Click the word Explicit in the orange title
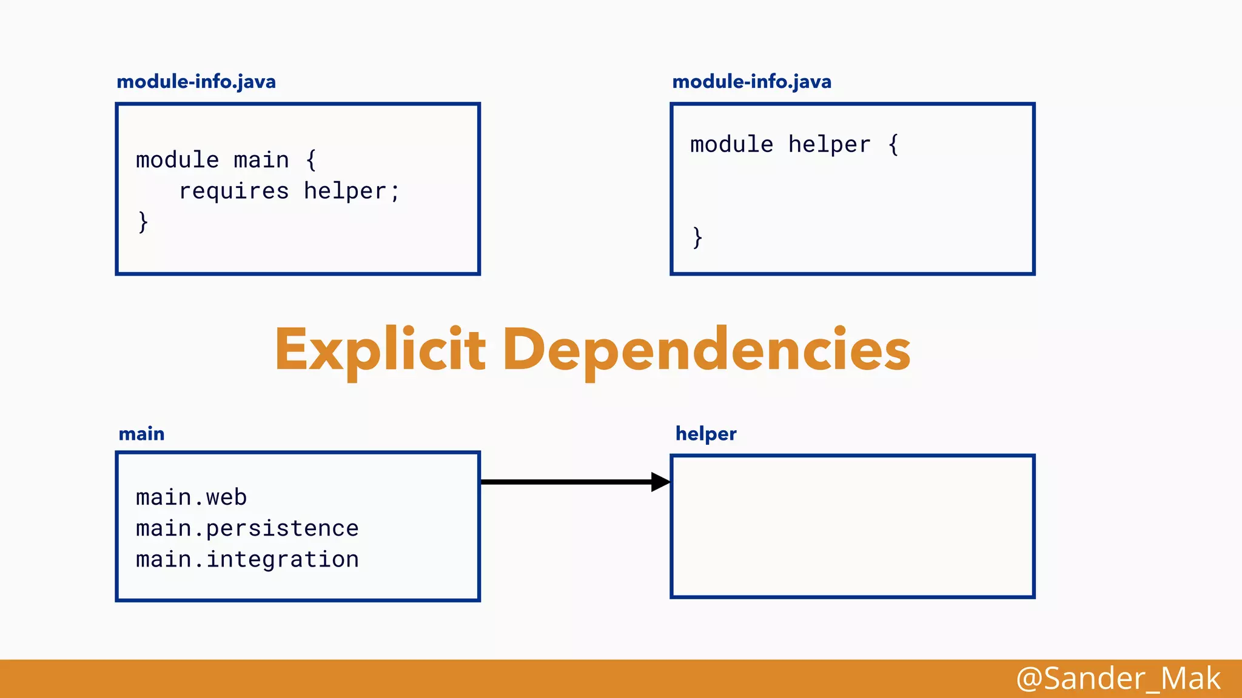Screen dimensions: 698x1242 (x=380, y=350)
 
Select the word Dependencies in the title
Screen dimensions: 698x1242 (x=707, y=350)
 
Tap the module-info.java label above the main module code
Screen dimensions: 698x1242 (x=196, y=82)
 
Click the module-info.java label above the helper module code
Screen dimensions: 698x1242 (x=751, y=82)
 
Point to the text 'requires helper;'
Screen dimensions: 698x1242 (x=289, y=191)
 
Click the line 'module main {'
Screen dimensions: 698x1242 (x=226, y=161)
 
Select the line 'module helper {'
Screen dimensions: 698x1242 (x=794, y=145)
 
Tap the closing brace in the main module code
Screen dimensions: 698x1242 (x=143, y=222)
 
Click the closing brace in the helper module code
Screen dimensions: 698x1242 (x=697, y=238)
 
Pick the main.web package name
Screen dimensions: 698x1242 (x=191, y=497)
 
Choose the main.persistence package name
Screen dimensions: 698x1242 (x=247, y=528)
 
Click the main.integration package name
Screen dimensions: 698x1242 (x=247, y=559)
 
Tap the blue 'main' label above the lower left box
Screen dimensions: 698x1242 (x=141, y=434)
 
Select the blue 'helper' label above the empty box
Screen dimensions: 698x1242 (x=706, y=434)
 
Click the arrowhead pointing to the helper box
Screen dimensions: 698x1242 (x=660, y=482)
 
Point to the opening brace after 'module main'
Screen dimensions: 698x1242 (x=311, y=161)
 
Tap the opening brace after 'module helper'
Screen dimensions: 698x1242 (x=893, y=145)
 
